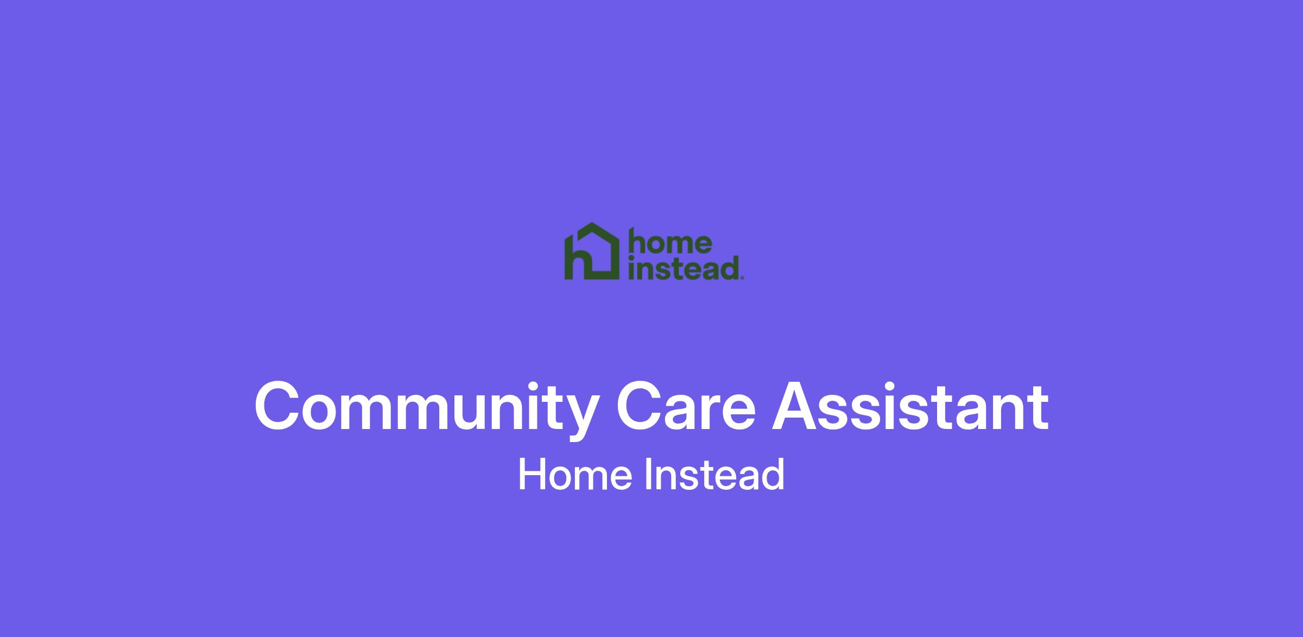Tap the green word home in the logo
coord(670,243)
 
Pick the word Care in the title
coord(686,407)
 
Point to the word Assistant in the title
coord(911,407)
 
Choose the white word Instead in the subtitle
coord(714,474)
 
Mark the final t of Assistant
coord(1038,410)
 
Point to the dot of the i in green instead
coord(631,258)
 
